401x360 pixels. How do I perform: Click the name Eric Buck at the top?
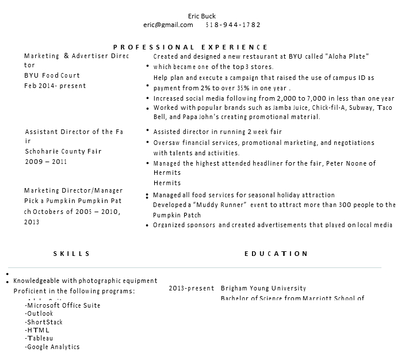pyautogui.click(x=202, y=16)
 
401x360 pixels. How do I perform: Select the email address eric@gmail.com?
pyautogui.click(x=168, y=25)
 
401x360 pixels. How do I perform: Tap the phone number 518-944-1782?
pyautogui.click(x=233, y=25)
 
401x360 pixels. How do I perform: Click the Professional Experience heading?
pyautogui.click(x=190, y=47)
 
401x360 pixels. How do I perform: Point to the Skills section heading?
pyautogui.click(x=72, y=254)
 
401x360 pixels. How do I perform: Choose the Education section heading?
pyautogui.click(x=276, y=254)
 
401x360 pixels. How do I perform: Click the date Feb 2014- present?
pyautogui.click(x=55, y=86)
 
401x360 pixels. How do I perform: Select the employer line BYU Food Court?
pyautogui.click(x=52, y=76)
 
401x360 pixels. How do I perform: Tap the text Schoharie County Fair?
pyautogui.click(x=63, y=151)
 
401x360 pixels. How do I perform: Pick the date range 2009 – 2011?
pyautogui.click(x=46, y=162)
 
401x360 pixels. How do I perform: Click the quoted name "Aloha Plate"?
pyautogui.click(x=347, y=56)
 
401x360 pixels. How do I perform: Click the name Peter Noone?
pyautogui.click(x=346, y=163)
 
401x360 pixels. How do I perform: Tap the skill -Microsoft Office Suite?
pyautogui.click(x=63, y=305)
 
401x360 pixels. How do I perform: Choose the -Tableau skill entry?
pyautogui.click(x=39, y=339)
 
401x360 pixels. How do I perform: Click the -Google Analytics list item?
pyautogui.click(x=52, y=347)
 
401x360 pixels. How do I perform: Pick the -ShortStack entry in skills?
pyautogui.click(x=44, y=322)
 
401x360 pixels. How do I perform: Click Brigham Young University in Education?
pyautogui.click(x=263, y=289)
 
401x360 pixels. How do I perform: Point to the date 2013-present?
pyautogui.click(x=192, y=289)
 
